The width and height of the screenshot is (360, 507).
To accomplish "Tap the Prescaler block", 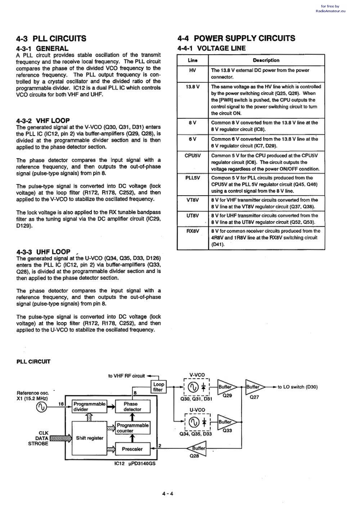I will point(132,449).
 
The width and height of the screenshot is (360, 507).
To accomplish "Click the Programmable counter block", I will point(133,428).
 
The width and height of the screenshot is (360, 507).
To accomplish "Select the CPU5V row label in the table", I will point(193,155).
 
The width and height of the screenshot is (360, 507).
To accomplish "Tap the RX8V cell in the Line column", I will point(193,231).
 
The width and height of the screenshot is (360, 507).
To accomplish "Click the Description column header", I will point(266,60).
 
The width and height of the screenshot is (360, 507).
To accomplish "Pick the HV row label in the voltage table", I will point(193,70).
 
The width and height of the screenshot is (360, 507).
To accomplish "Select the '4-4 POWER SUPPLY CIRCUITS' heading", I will point(237,38).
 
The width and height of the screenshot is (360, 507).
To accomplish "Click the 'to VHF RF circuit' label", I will point(127,376).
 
